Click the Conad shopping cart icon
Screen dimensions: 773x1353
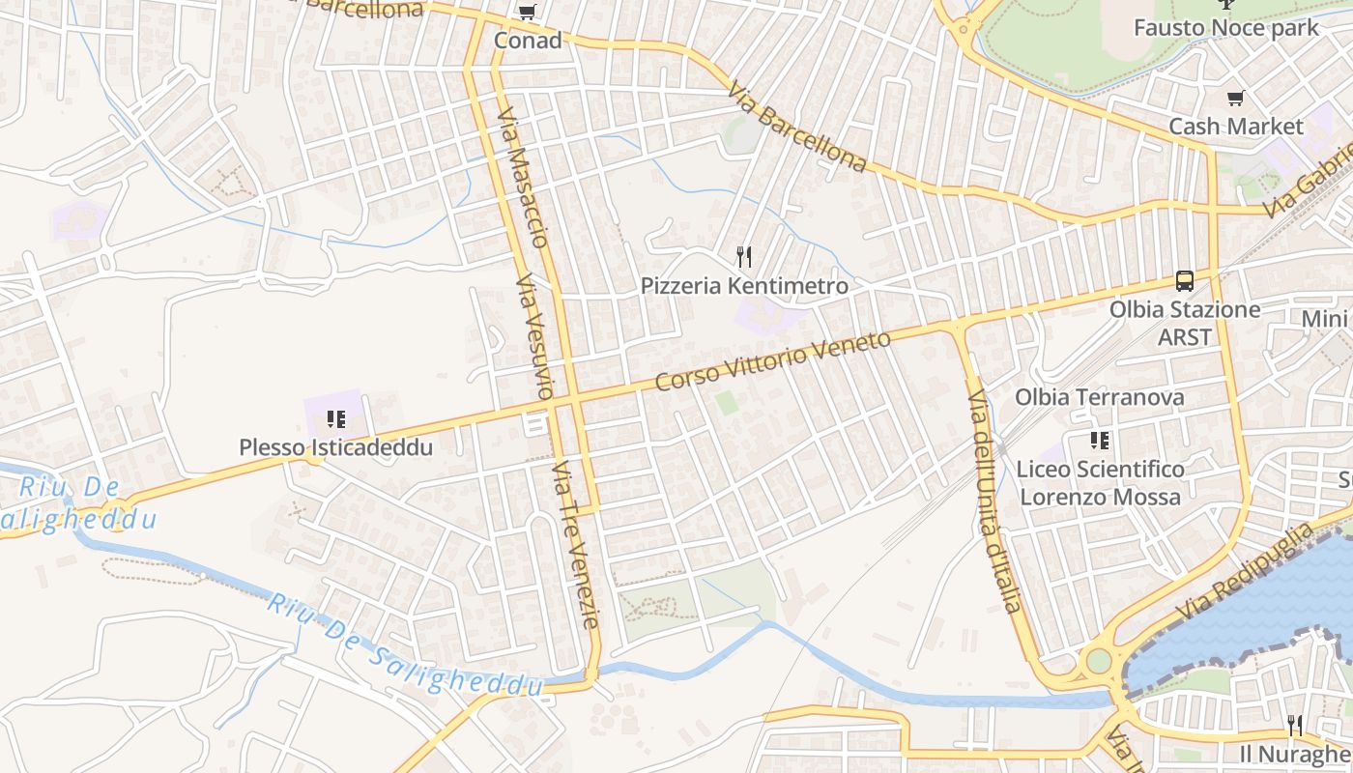(x=527, y=13)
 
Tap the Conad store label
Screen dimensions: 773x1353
(x=528, y=41)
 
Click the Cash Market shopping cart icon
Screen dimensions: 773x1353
(x=1235, y=98)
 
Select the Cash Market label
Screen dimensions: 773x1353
(x=1236, y=127)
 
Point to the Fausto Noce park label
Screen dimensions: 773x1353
(x=1225, y=27)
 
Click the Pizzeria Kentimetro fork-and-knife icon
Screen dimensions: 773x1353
(x=743, y=256)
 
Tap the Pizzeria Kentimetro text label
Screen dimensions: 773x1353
(x=744, y=286)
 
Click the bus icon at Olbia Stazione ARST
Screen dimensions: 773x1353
(x=1185, y=281)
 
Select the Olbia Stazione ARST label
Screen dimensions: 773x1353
(x=1185, y=323)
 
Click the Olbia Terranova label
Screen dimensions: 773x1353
(x=1099, y=397)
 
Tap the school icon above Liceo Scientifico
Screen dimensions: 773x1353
(x=1100, y=442)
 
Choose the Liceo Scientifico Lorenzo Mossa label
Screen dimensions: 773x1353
(x=1100, y=483)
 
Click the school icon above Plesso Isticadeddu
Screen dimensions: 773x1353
(x=336, y=419)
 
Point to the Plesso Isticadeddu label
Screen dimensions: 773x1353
(x=336, y=448)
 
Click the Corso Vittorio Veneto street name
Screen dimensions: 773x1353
(x=772, y=361)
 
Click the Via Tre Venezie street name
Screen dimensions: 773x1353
(x=577, y=544)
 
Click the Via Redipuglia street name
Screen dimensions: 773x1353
(x=1246, y=572)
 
